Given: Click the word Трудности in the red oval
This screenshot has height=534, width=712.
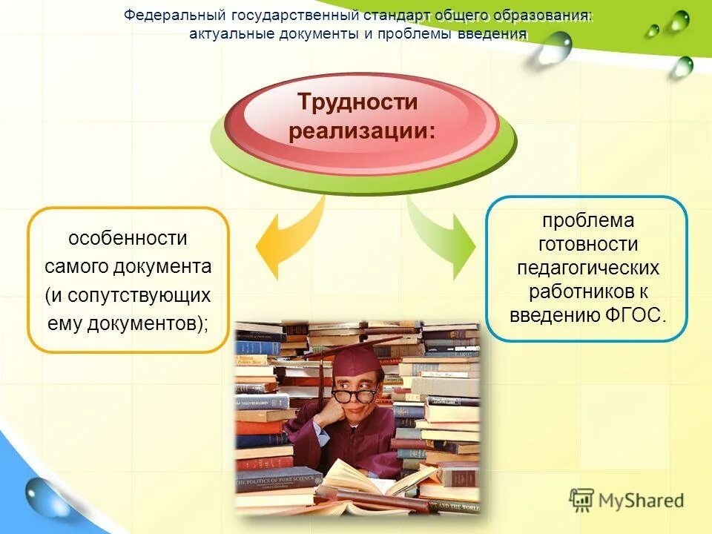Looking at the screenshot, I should tap(357, 102).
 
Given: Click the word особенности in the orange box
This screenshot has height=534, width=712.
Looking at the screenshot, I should tap(128, 239).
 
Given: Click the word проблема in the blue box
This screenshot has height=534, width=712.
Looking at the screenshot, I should tap(587, 220).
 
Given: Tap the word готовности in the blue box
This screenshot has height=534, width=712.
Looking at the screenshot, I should tap(587, 244).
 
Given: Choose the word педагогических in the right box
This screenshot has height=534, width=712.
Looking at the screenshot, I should tap(587, 267).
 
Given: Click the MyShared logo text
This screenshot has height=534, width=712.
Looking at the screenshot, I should tap(641, 500).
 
